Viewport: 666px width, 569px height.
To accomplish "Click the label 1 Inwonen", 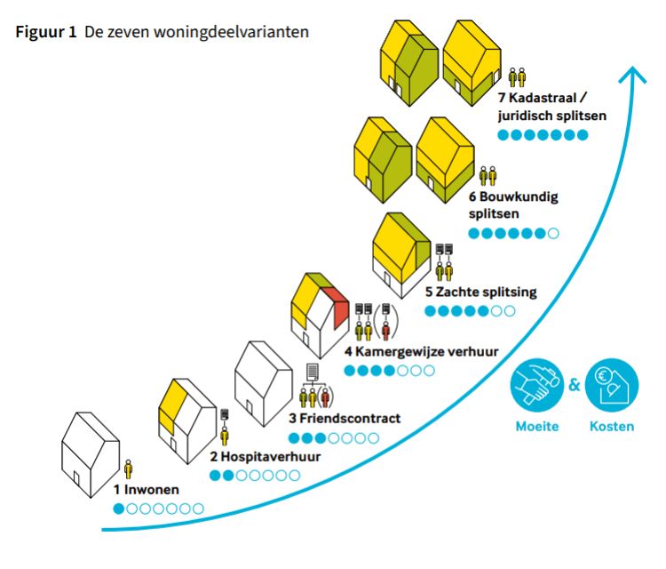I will [146, 490].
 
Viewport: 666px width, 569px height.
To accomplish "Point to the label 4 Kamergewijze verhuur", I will [421, 351].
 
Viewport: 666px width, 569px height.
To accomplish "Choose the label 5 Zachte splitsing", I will [480, 292].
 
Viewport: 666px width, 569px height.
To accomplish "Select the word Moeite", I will [536, 427].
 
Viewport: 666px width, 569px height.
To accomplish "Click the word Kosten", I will [612, 427].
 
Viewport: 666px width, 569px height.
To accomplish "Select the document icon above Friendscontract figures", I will [313, 371].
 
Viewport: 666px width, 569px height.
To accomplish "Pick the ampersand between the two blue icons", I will [574, 385].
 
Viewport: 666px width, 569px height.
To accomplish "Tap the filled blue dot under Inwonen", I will [119, 509].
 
